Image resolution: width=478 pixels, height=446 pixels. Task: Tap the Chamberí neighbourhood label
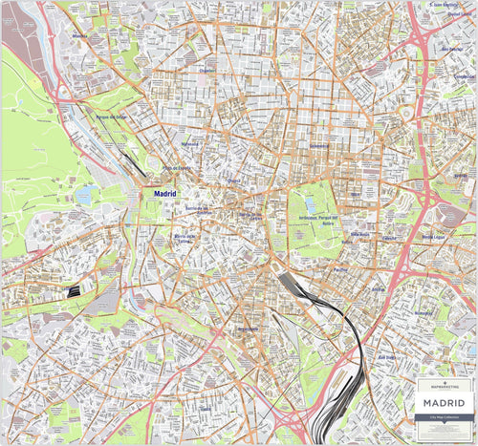pyautogui.click(x=208, y=70)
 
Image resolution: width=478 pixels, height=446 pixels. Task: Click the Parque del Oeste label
pyautogui.click(x=111, y=117)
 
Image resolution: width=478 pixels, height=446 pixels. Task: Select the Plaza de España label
pyautogui.click(x=177, y=169)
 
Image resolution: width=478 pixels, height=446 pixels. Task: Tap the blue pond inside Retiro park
pyautogui.click(x=309, y=204)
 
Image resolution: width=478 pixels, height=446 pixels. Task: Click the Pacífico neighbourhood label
pyautogui.click(x=339, y=270)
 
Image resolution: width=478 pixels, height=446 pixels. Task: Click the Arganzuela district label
pyautogui.click(x=248, y=329)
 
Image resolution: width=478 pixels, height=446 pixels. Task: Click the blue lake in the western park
pyautogui.click(x=83, y=195)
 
